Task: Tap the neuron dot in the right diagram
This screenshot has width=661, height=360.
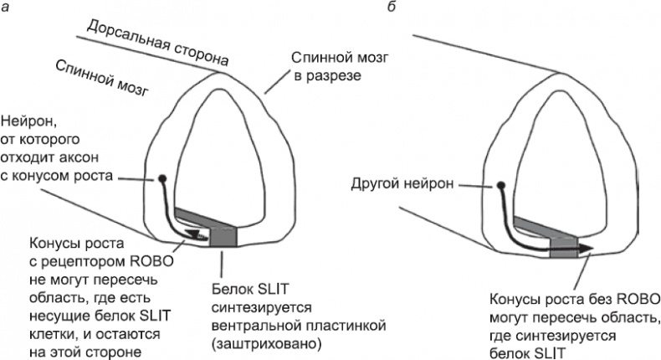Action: [500, 186]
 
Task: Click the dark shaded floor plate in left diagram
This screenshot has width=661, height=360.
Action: [224, 235]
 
